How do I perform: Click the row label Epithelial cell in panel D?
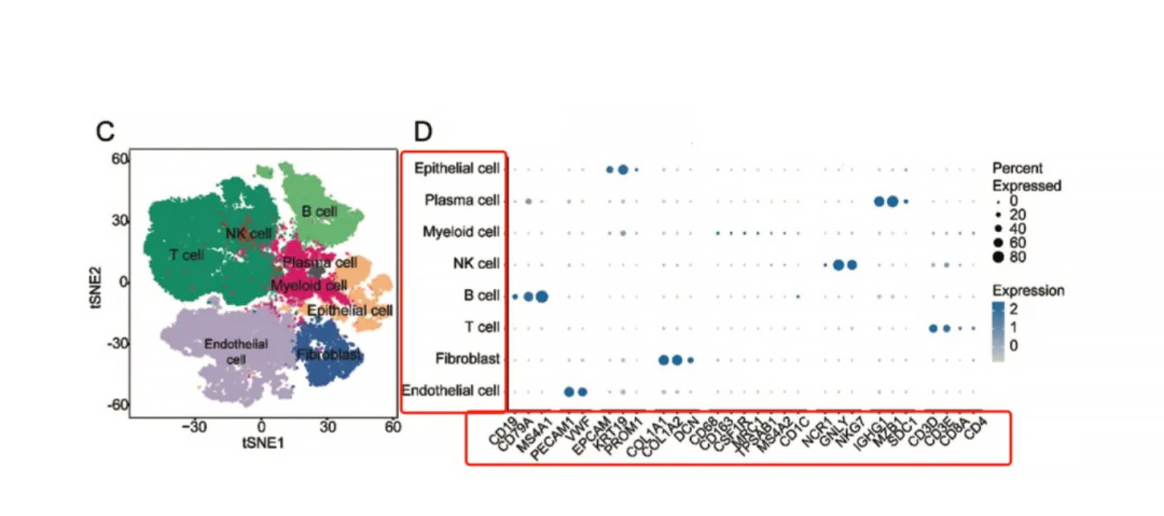click(457, 169)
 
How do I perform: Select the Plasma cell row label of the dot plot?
click(462, 200)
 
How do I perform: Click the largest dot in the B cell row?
click(542, 296)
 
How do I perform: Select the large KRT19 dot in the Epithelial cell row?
click(623, 169)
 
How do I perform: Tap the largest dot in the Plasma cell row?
click(893, 201)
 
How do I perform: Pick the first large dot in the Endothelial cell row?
click(569, 392)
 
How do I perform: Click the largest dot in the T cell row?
click(933, 328)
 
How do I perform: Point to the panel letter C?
click(105, 131)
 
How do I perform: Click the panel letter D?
click(423, 131)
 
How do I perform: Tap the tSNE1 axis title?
click(263, 443)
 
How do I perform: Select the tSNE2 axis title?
click(96, 288)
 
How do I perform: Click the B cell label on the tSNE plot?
click(319, 211)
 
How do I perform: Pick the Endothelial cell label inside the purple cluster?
click(236, 351)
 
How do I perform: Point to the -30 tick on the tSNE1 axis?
click(194, 427)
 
